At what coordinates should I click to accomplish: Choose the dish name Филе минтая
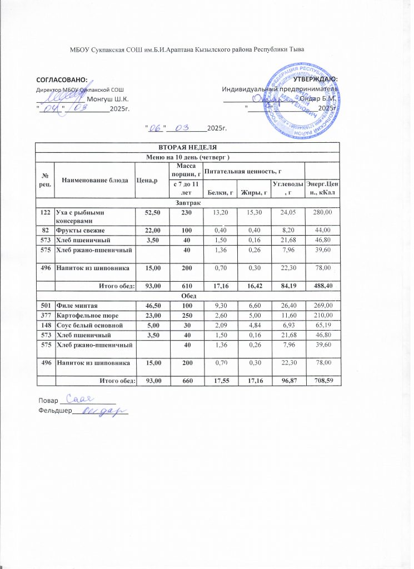[x=74, y=305]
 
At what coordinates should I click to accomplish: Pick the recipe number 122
[x=46, y=212]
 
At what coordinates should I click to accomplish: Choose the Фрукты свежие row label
[x=79, y=229]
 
